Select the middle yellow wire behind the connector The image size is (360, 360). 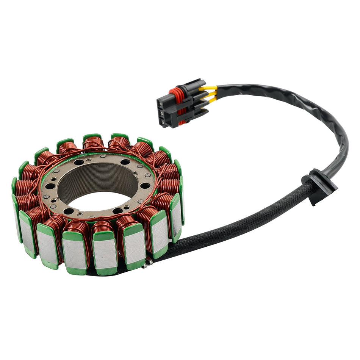point(211,95)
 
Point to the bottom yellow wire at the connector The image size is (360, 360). point(211,100)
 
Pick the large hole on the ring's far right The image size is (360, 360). point(146,185)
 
